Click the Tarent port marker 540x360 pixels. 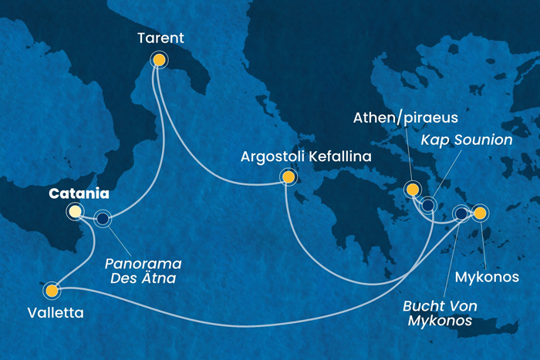[x=159, y=59]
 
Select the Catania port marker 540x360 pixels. [x=75, y=211]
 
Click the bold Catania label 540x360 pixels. [x=79, y=194]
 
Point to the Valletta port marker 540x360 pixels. [x=52, y=291]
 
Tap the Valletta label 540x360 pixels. [x=54, y=313]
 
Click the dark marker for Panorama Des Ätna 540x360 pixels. [x=103, y=219]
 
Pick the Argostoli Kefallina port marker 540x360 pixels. [x=288, y=177]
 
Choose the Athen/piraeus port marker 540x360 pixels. [x=413, y=190]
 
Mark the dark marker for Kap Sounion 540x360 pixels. [x=428, y=205]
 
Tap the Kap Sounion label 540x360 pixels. [x=467, y=141]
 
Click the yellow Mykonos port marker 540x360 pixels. [x=480, y=213]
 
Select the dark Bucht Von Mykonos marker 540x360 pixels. [x=461, y=214]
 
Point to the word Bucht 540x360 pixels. [x=423, y=305]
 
